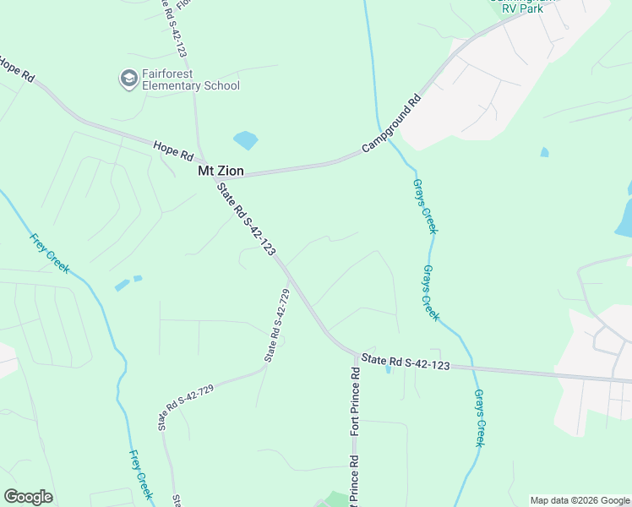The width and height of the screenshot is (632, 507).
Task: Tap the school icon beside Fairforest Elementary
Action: pyautogui.click(x=128, y=79)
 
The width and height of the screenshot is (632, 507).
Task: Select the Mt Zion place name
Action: pyautogui.click(x=221, y=171)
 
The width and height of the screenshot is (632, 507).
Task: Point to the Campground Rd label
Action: pyautogui.click(x=391, y=123)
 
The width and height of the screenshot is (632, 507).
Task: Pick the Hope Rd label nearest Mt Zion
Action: pyautogui.click(x=174, y=151)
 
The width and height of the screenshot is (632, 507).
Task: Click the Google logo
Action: pyautogui.click(x=28, y=497)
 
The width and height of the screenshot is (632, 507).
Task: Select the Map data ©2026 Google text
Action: pyautogui.click(x=579, y=500)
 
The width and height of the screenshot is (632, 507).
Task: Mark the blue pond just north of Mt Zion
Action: pyautogui.click(x=245, y=139)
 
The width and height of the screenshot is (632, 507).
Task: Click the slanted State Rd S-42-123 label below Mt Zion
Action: pyautogui.click(x=246, y=219)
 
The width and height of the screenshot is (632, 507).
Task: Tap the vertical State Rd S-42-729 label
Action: pyautogui.click(x=277, y=325)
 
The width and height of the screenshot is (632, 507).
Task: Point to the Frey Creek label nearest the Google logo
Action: pyautogui.click(x=140, y=474)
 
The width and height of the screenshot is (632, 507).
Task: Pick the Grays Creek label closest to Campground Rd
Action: pyautogui.click(x=425, y=206)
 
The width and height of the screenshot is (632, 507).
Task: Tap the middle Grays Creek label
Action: pyautogui.click(x=431, y=292)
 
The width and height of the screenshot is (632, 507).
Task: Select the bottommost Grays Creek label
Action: pyautogui.click(x=479, y=417)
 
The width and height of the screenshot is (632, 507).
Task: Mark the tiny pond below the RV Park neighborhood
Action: pyautogui.click(x=544, y=153)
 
